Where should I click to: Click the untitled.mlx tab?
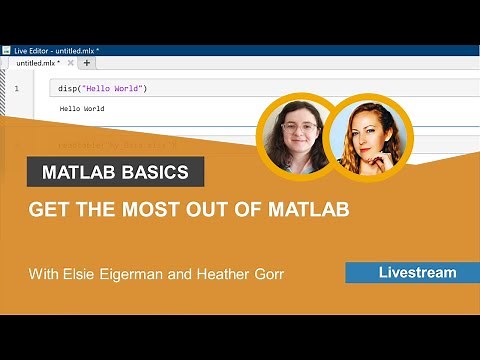click(x=38, y=62)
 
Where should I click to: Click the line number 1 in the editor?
click(x=16, y=89)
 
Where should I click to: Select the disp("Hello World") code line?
click(x=103, y=89)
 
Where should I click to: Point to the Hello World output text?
click(x=82, y=108)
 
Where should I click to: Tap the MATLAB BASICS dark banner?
click(x=115, y=172)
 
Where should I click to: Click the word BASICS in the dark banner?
click(x=155, y=172)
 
